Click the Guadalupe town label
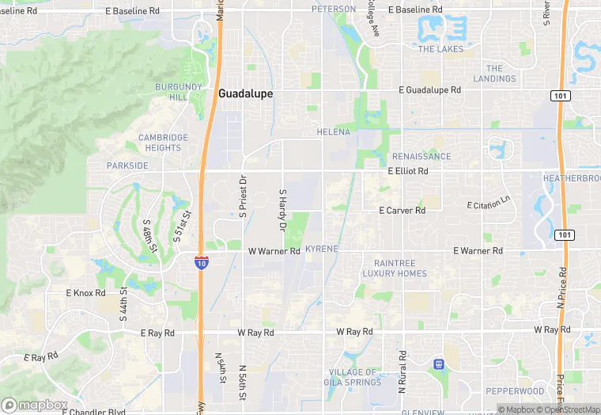245,93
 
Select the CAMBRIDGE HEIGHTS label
164,143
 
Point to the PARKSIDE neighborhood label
127,166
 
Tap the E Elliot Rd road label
408,171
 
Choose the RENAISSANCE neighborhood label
421,157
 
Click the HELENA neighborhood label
333,131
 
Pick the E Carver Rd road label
402,211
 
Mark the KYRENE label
321,249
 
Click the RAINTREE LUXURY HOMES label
395,268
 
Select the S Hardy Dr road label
282,210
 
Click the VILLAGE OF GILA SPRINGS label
353,377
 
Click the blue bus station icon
437,364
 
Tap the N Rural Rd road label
402,372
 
